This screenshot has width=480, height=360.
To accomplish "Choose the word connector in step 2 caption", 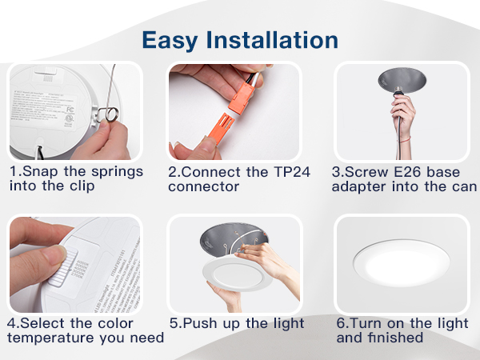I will coord(203,186).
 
